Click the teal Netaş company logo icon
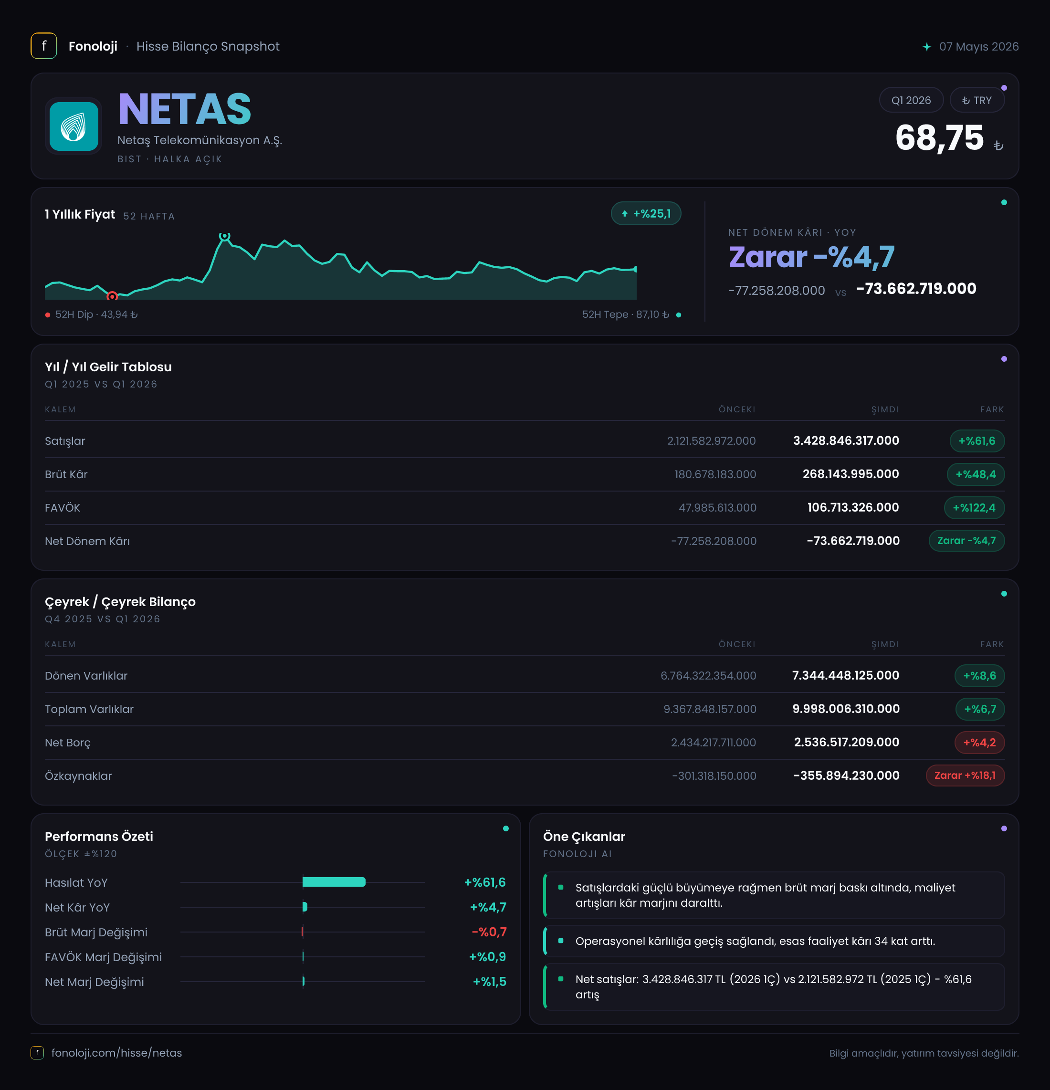point(73,126)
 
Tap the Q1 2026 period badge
point(911,100)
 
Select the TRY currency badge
point(976,100)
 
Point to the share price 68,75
point(939,137)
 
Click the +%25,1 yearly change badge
point(646,213)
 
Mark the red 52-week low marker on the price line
point(112,296)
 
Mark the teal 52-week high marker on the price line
point(224,236)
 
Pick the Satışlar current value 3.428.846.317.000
point(846,440)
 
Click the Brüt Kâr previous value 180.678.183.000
point(715,474)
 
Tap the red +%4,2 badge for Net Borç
point(979,743)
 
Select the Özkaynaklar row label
point(78,776)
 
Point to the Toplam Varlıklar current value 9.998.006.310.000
point(846,709)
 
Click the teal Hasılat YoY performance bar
point(334,882)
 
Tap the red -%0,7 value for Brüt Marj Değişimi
point(489,932)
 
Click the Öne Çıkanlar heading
point(584,837)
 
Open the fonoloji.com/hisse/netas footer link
point(116,1053)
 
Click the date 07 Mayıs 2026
point(979,47)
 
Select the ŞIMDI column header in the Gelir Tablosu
point(885,409)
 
